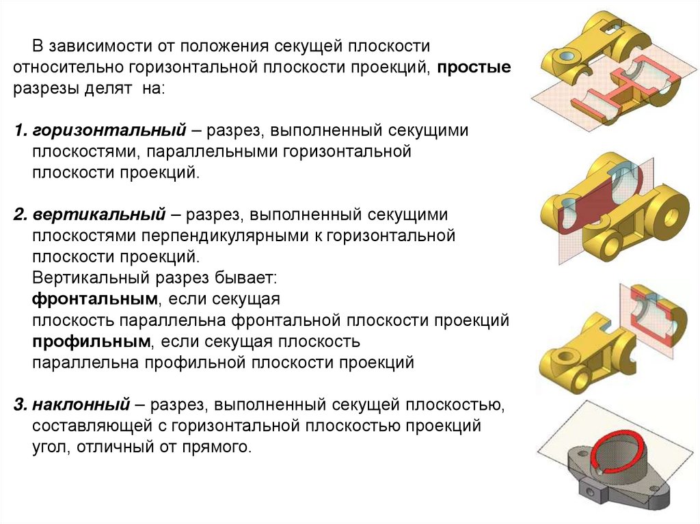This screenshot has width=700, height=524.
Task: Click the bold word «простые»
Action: click(474, 68)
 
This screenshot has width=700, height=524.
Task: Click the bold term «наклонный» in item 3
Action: click(89, 405)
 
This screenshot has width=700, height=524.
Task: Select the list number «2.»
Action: click(19, 215)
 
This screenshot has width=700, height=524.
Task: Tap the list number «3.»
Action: click(19, 405)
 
